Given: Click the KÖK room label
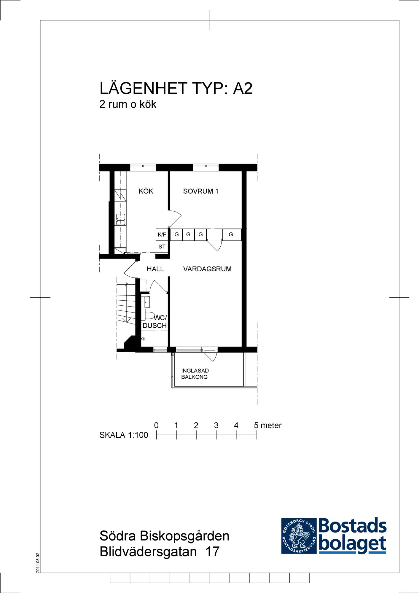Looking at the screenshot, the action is pos(146,191).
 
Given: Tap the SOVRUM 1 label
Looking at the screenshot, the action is pos(201,191).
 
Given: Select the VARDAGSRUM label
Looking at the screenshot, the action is pos(207,269).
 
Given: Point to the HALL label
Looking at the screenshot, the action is pos(155,269).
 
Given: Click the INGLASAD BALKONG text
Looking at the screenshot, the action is pos(195,374).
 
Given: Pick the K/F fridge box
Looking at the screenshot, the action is pos(162,234).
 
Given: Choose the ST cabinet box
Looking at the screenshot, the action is pos(162,246).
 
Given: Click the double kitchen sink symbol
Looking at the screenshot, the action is pos(121,220).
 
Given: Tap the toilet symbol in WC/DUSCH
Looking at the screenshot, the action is pos(148,315).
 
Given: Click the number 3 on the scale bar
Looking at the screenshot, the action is pos(216,425).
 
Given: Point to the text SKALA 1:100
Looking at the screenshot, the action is pos(124,435).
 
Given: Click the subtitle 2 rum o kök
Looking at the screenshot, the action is pos(128,104).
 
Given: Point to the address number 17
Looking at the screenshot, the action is pos(212,551).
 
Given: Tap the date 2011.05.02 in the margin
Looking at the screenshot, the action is pos(38,563).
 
